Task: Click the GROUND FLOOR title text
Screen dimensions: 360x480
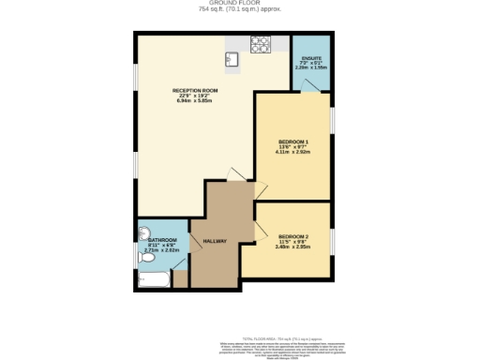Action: tap(240, 4)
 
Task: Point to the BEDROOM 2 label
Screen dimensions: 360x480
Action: tap(292, 235)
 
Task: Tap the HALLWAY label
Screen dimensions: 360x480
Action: tap(216, 241)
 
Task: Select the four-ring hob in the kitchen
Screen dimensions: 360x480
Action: tap(261, 43)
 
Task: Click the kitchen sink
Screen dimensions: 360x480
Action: tap(232, 60)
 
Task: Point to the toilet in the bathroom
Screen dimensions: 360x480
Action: tap(142, 234)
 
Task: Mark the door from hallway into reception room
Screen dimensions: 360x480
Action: tap(236, 175)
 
